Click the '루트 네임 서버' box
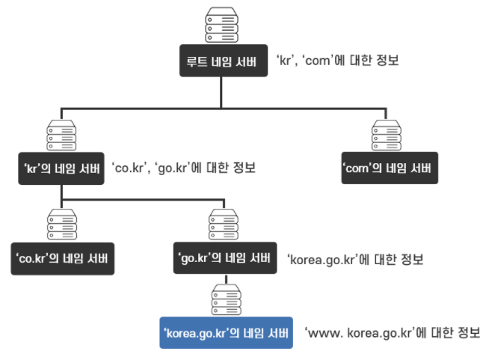click(223, 61)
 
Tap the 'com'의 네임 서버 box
click(387, 168)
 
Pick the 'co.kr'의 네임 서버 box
click(63, 259)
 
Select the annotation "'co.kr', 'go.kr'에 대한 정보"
click(183, 168)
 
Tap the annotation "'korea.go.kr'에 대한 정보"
click(355, 260)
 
